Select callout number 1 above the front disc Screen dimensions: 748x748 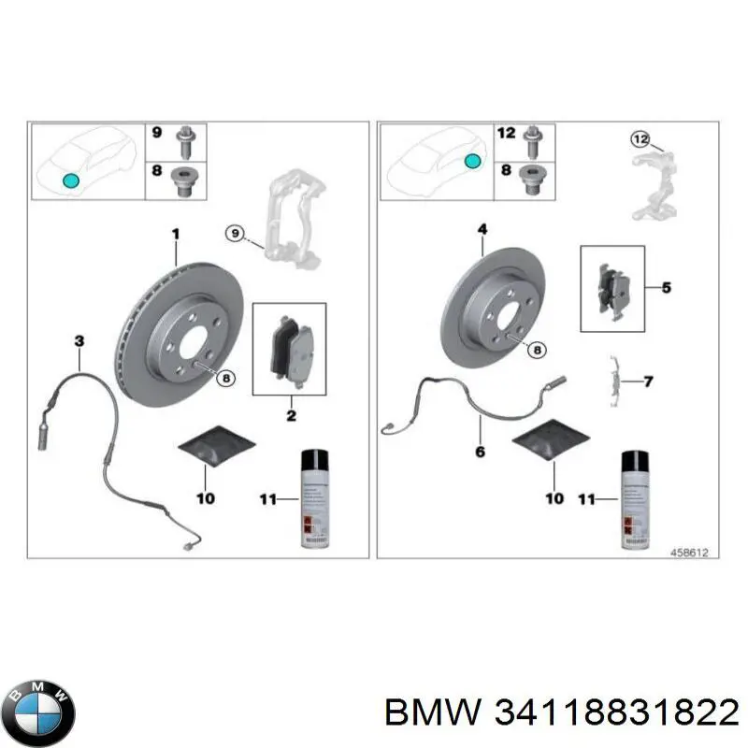(174, 233)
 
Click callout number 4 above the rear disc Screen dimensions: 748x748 (483, 229)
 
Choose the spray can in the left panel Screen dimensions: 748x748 (314, 497)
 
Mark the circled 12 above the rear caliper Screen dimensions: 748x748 (640, 140)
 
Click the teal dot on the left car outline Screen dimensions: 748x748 (68, 180)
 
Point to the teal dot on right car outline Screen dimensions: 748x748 (474, 161)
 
